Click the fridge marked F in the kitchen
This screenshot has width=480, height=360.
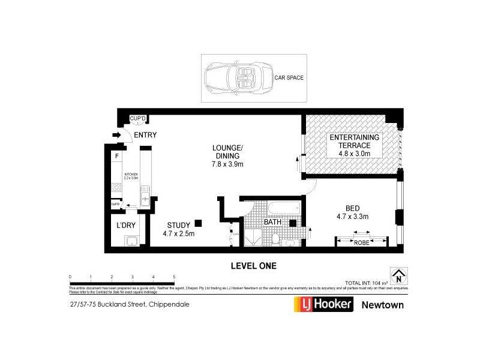pos(116,156)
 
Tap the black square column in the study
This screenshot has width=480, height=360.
pos(199,223)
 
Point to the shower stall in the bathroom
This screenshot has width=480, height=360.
pos(254,239)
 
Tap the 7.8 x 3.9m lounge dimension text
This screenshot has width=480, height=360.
pos(227,164)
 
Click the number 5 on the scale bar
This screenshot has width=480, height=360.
pos(174,277)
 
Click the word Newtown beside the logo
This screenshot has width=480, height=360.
pos(382,305)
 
